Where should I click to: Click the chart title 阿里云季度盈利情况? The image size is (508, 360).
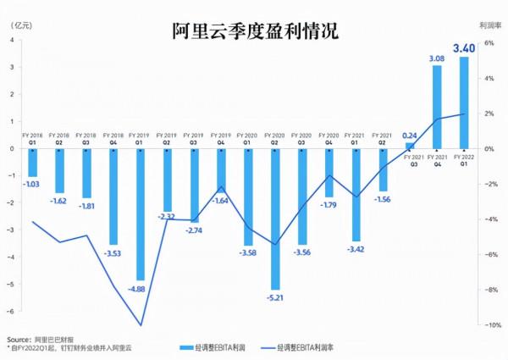pos(254,31)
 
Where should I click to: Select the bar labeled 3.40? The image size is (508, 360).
pos(463,102)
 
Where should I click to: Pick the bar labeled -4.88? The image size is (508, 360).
pos(140,213)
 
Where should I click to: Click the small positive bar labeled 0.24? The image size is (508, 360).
pos(410,145)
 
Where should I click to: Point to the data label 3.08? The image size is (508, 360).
pos(437,58)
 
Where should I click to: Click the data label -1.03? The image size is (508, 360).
pos(32,184)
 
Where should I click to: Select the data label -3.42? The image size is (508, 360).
pos(356,249)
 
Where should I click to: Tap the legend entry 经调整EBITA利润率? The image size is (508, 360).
pos(301,347)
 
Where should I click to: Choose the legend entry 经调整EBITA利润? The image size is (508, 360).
pos(212,347)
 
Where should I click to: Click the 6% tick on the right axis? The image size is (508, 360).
pos(489,42)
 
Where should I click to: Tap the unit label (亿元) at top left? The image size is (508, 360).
pos(20,23)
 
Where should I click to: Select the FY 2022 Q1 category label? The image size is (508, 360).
pos(464,159)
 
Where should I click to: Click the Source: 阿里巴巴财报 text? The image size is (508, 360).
pos(39,337)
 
